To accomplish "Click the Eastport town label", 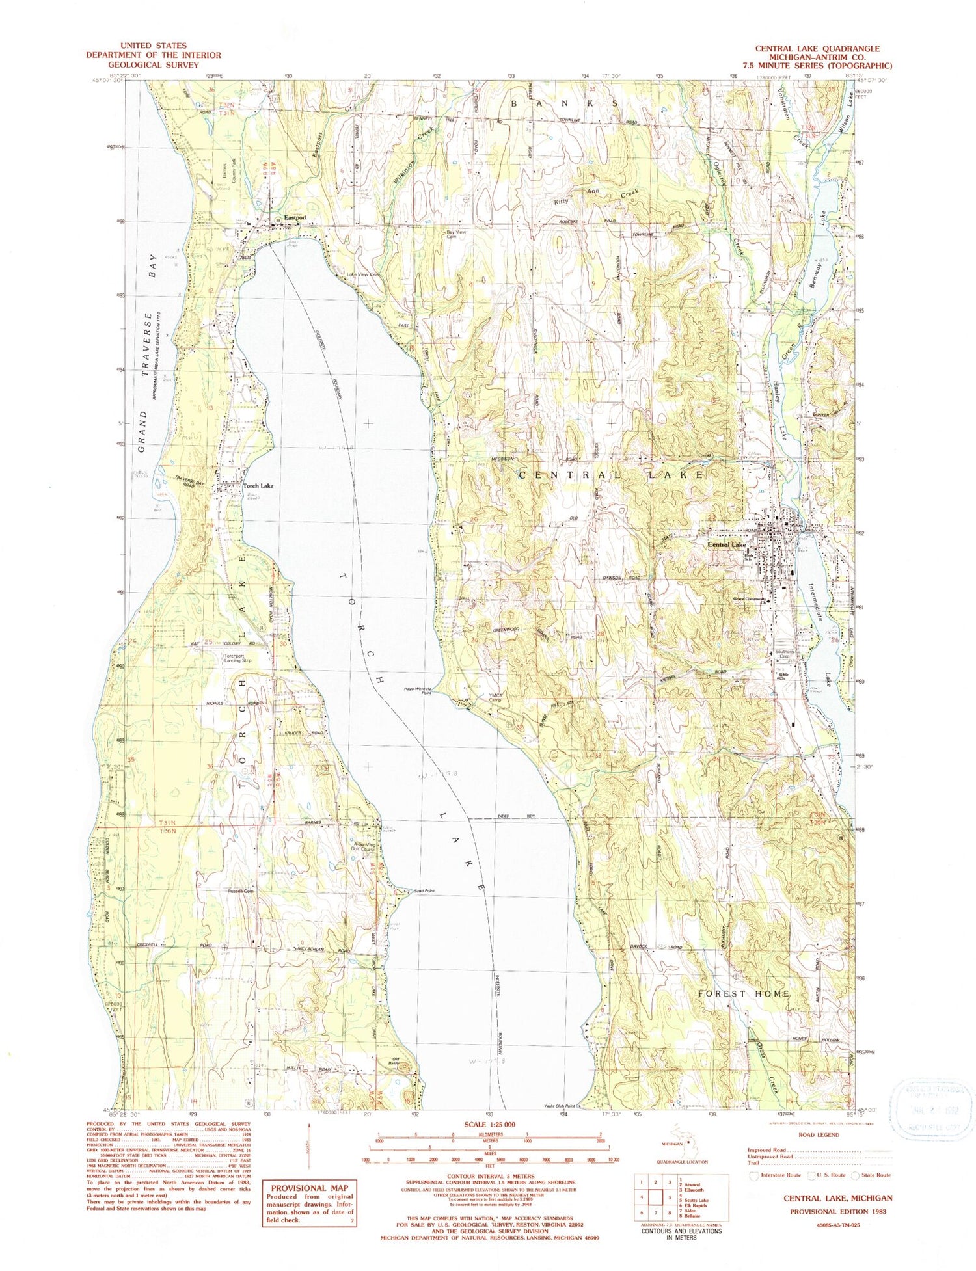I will coord(295,218).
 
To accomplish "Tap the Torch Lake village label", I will coord(258,486).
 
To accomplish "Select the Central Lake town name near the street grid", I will coord(727,544).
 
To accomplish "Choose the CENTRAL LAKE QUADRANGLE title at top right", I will coord(817,49).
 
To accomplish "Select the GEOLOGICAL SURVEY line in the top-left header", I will coord(153,65).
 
